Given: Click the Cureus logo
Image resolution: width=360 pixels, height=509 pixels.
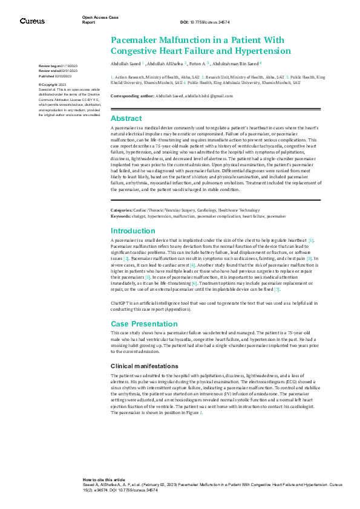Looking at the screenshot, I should (x=32, y=21).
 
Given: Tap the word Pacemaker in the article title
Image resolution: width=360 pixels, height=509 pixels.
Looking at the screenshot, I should (x=134, y=39).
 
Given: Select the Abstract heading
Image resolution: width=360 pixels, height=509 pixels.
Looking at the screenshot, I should (x=126, y=118).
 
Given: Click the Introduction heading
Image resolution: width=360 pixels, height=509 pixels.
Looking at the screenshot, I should (x=133, y=231).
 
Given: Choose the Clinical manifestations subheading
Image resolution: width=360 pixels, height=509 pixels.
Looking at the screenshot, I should (x=144, y=366).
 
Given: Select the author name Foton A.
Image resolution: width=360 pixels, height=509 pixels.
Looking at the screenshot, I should (x=197, y=62).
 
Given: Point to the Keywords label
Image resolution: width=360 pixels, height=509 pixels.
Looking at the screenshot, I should (x=120, y=215).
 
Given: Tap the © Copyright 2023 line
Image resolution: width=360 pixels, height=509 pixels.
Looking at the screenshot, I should (x=53, y=85).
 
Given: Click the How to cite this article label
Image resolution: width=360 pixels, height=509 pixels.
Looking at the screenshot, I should (x=103, y=478).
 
